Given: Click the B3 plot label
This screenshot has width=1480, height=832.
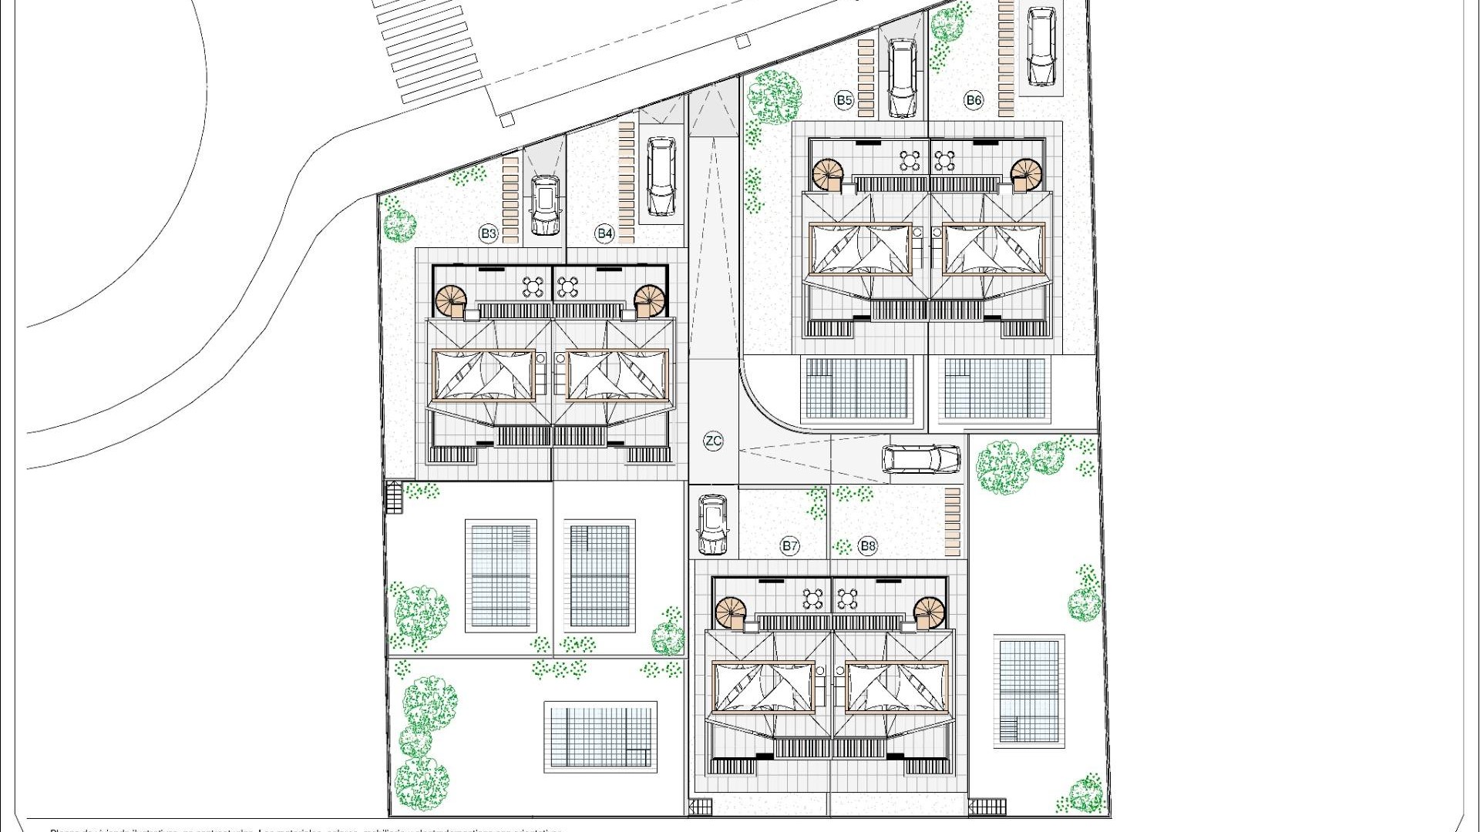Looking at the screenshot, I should (489, 233).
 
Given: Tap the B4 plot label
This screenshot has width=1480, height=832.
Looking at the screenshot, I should (604, 233).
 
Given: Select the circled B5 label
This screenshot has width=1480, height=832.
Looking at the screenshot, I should (844, 100).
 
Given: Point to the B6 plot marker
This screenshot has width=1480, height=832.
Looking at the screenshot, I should (974, 100).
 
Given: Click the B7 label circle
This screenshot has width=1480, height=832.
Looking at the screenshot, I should (789, 546).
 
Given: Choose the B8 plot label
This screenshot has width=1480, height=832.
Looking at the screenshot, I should (868, 546).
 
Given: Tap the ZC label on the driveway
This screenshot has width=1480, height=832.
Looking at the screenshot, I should (714, 441).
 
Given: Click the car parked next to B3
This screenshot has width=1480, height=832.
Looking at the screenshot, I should (546, 205).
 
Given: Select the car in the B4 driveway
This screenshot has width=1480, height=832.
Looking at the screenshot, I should (661, 176).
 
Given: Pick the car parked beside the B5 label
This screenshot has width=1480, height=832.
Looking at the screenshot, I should (902, 78).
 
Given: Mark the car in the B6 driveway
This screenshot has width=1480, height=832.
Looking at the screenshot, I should (1041, 47).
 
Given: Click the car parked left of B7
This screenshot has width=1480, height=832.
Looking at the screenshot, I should (712, 524).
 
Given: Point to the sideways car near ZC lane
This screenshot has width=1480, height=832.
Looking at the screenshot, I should (921, 459).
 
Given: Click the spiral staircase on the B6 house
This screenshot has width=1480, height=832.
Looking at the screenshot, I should (1026, 174).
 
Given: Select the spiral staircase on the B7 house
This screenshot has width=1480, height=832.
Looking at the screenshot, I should (731, 613).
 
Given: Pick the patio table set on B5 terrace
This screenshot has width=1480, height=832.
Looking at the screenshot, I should (911, 161).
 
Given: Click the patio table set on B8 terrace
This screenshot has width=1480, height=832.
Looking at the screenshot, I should (846, 599).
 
